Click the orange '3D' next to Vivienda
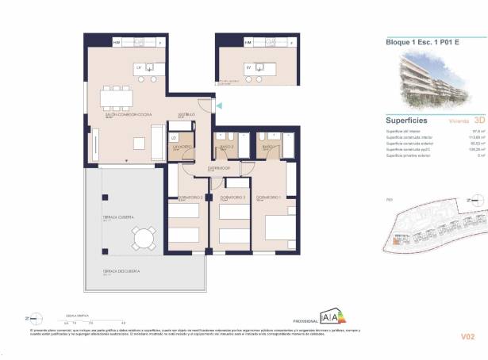[467, 121]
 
